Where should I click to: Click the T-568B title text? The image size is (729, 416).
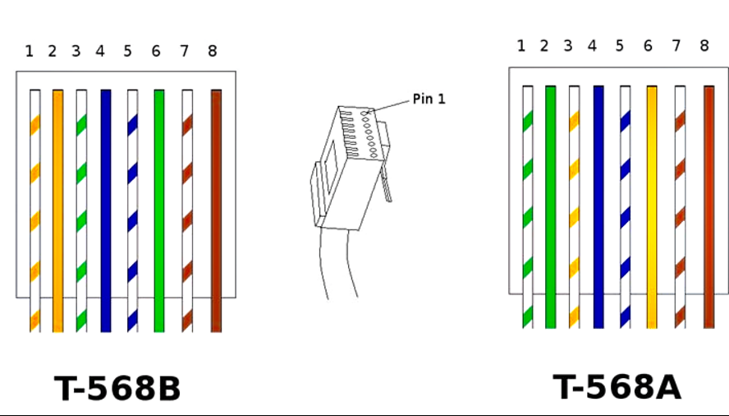(x=117, y=389)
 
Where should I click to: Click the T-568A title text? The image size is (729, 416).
(x=617, y=387)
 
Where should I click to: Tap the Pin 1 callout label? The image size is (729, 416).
(x=429, y=99)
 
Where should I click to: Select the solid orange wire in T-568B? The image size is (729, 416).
(x=57, y=210)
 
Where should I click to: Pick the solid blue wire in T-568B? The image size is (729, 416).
(x=106, y=210)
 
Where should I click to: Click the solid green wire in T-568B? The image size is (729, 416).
(x=159, y=210)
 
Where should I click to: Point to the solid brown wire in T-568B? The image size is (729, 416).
(x=216, y=210)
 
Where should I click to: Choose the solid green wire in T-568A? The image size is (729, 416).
(x=551, y=207)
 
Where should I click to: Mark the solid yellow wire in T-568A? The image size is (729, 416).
(x=652, y=207)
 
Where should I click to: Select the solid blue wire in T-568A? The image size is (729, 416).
(x=598, y=207)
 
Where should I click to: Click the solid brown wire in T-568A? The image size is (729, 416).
(x=709, y=207)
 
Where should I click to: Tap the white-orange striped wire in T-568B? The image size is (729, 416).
(x=34, y=210)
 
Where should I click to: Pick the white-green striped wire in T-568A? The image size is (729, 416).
(x=527, y=207)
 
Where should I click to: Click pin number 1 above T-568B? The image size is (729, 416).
(x=30, y=51)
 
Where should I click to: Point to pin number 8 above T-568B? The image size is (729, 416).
(x=212, y=51)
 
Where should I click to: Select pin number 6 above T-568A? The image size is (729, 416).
(x=648, y=46)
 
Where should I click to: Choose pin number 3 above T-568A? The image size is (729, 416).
(x=567, y=46)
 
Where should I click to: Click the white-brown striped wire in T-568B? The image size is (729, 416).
(x=187, y=210)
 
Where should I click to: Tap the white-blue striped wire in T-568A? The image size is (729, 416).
(x=625, y=207)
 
